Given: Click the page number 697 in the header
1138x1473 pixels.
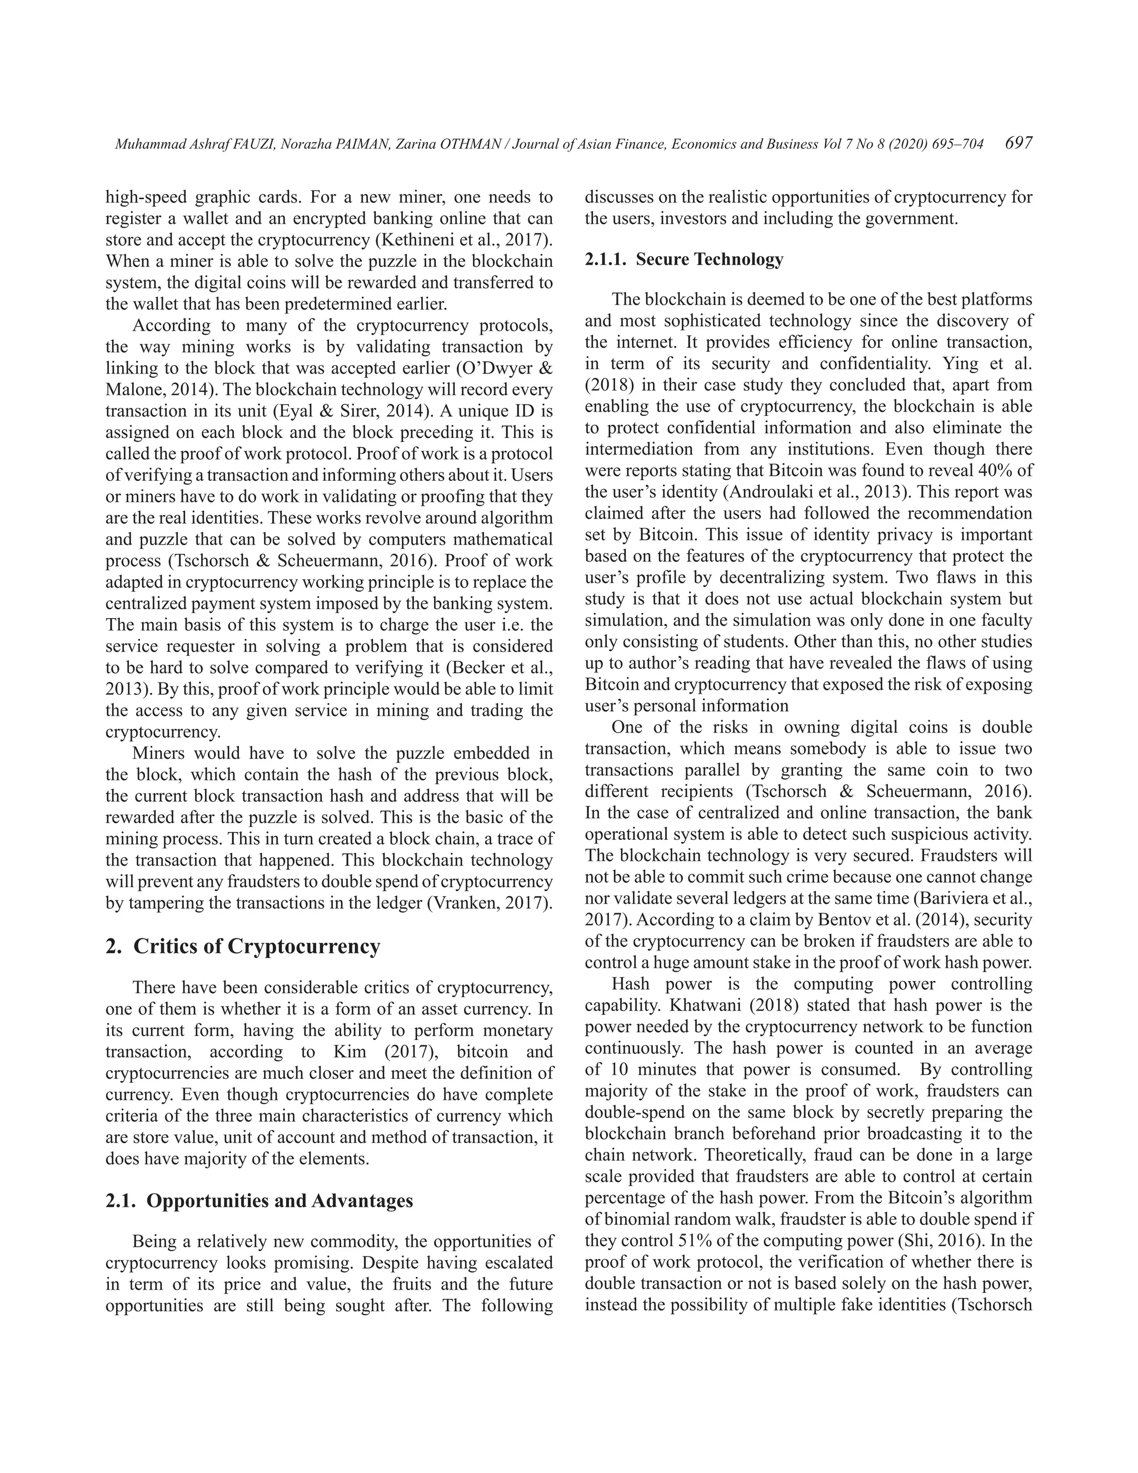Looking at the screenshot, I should pyautogui.click(x=1018, y=143).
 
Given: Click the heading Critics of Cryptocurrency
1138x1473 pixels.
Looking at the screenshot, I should pyautogui.click(x=256, y=946).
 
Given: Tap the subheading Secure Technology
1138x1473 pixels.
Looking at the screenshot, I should pyautogui.click(x=709, y=260).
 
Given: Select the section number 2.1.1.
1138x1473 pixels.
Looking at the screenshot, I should pyautogui.click(x=606, y=260).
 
